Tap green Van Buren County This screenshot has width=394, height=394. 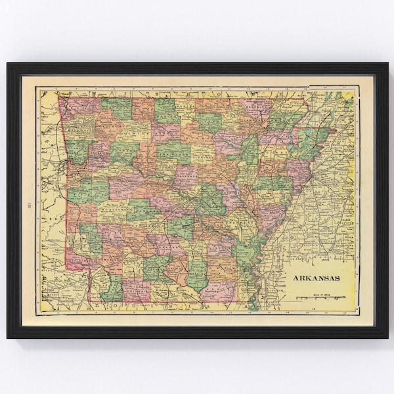tap(173, 152)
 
